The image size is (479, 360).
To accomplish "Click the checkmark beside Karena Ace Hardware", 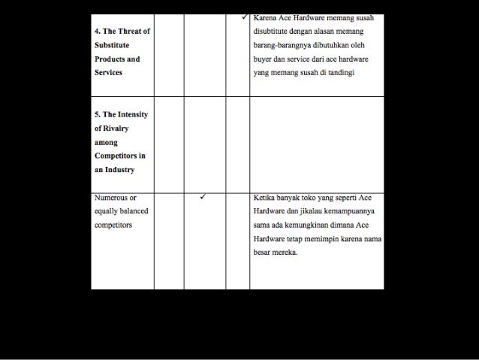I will [x=246, y=17].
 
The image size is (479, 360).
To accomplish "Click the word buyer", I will [x=264, y=59].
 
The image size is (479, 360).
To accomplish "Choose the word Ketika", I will [x=264, y=198].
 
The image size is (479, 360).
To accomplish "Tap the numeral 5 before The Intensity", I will [x=97, y=114].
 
